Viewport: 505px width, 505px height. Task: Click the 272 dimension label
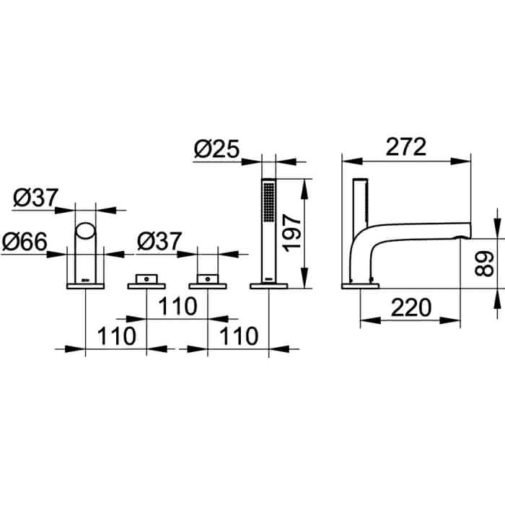click(405, 146)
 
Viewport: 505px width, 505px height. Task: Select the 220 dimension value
click(411, 307)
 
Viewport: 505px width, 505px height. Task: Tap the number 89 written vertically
click(484, 264)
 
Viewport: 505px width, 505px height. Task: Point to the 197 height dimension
click(291, 233)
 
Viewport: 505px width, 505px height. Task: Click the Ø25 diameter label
click(217, 149)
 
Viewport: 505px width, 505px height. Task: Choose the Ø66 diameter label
click(25, 242)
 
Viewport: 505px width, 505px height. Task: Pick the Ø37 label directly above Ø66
click(36, 198)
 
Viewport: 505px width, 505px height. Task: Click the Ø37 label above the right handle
click(159, 242)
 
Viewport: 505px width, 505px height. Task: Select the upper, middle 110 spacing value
click(177, 307)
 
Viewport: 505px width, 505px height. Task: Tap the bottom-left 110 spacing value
click(117, 336)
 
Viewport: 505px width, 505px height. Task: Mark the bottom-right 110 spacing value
click(239, 336)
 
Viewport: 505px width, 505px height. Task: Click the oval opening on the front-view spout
click(85, 231)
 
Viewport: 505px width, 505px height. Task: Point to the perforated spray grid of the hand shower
click(269, 202)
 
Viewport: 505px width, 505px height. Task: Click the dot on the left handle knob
click(146, 279)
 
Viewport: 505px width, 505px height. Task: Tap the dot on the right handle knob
click(208, 279)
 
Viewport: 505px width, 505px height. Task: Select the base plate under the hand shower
click(269, 286)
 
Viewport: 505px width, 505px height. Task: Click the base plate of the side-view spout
click(361, 286)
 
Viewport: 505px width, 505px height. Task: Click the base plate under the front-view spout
click(85, 286)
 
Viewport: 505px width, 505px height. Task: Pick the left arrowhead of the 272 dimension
click(352, 162)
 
